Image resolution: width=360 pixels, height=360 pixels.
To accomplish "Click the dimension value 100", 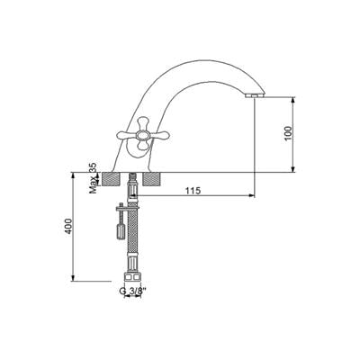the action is [x=288, y=133].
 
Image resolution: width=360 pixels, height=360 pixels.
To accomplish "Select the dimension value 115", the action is [x=193, y=191].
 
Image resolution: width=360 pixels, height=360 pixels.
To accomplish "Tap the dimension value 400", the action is [x=68, y=226].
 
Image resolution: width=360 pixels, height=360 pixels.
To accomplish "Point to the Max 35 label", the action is [x=94, y=178].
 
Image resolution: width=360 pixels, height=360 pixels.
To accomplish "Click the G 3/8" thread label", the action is [x=133, y=291].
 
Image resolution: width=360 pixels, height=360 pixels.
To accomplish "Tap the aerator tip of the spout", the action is [x=254, y=95].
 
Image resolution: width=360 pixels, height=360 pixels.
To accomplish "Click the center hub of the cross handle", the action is [x=143, y=136].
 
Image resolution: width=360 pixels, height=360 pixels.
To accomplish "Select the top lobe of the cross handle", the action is [x=143, y=123].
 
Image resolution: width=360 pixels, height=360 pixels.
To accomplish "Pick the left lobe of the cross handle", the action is [x=126, y=136].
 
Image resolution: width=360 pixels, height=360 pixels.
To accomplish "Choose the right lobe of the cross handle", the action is [x=159, y=136].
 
